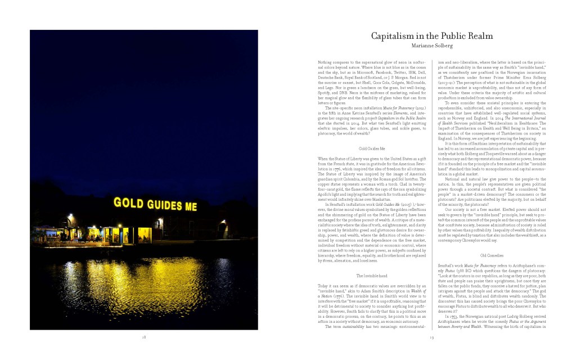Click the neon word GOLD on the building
(127, 202)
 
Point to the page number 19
(431, 337)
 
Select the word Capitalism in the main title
(394, 37)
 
